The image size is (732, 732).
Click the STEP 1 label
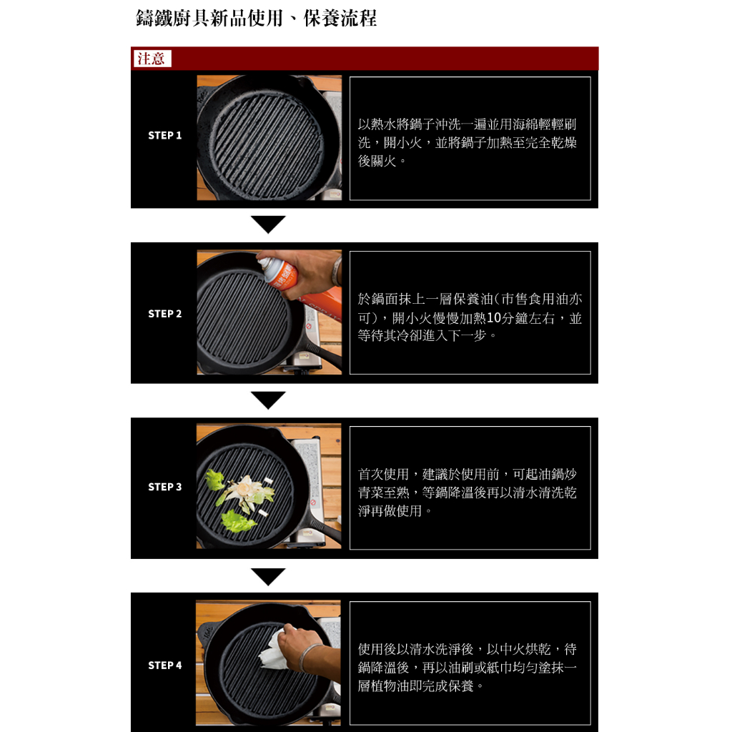[165, 135]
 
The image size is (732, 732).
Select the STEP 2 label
[165, 314]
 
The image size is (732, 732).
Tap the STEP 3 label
[165, 487]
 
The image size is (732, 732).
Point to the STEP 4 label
[165, 666]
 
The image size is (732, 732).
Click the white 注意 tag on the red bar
[152, 59]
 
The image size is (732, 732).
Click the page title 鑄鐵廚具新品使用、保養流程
[257, 19]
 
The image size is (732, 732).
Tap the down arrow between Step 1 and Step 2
[268, 224]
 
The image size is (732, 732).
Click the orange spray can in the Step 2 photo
[280, 272]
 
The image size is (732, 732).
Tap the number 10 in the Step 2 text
[493, 318]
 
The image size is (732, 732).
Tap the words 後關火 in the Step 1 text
[377, 161]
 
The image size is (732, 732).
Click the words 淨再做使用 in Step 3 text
[390, 510]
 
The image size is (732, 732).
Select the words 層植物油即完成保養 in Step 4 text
[415, 686]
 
